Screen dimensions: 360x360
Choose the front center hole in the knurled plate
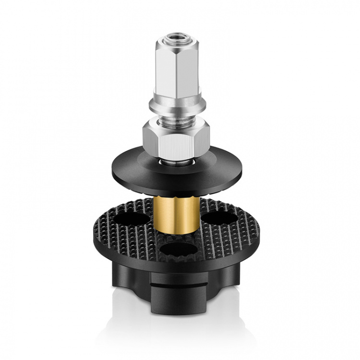click(x=176, y=249)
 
